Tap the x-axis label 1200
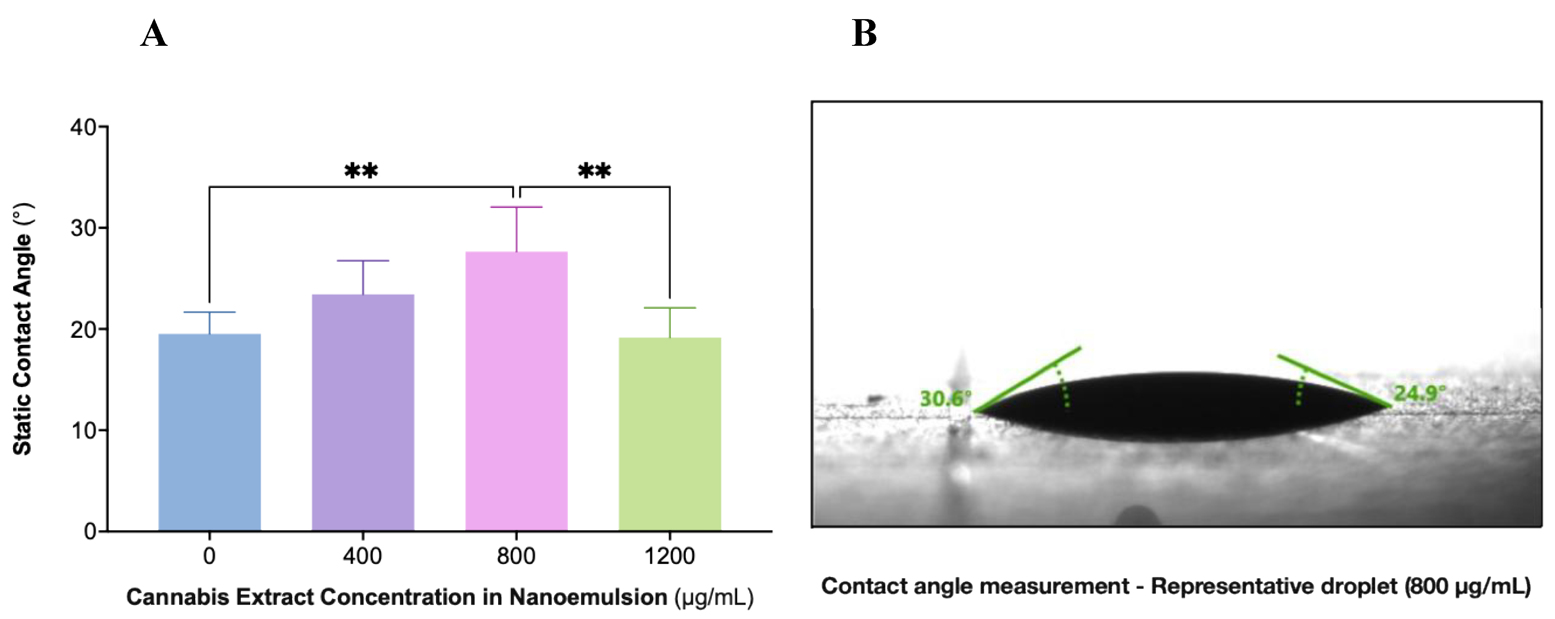[x=670, y=556]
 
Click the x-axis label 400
[x=362, y=556]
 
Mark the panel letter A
[x=153, y=34]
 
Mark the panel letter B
[x=864, y=34]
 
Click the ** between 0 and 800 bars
[x=361, y=171]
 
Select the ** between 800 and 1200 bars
[x=594, y=171]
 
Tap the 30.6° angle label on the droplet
[x=945, y=398]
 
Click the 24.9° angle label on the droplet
[x=1419, y=394]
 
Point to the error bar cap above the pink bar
[x=516, y=207]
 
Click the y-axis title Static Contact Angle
[x=23, y=329]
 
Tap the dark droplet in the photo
[x=1177, y=407]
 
